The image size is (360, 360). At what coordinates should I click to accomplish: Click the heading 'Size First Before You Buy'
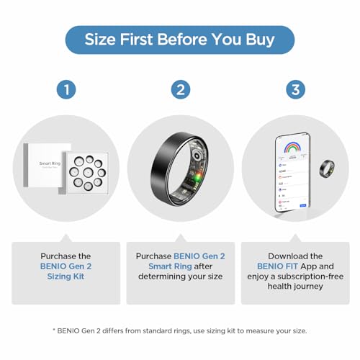179,40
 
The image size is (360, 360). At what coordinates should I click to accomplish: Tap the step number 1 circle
66,90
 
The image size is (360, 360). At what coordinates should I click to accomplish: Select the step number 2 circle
180,90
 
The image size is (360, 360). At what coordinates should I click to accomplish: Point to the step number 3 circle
294,90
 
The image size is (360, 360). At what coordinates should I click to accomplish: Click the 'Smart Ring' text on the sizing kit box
51,163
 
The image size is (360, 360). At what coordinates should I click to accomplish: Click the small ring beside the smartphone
327,168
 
